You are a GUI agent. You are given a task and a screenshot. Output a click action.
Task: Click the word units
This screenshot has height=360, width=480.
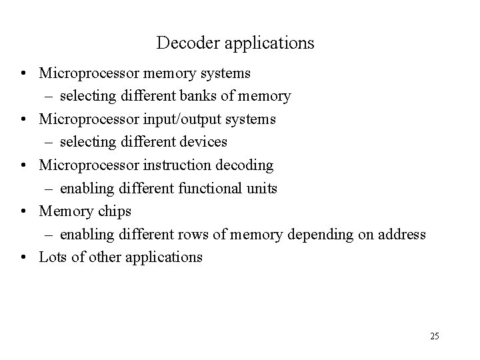click(263, 188)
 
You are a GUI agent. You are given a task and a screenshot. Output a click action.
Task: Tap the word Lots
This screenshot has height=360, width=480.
click(53, 257)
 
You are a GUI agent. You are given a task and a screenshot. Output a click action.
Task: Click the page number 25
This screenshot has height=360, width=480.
click(435, 336)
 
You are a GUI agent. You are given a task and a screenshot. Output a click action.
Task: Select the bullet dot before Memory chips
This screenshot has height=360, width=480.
click(23, 212)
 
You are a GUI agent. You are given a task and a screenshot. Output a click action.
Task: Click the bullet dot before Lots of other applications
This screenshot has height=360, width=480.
click(23, 257)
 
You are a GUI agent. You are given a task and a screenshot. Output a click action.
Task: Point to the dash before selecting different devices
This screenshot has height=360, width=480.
click(50, 143)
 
